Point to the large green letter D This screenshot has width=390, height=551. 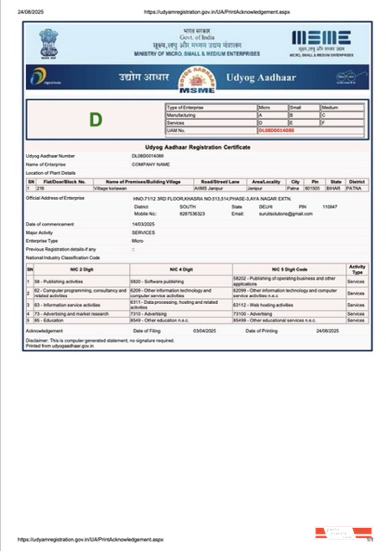point(96,117)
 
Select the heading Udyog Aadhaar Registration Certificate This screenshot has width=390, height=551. point(197,148)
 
